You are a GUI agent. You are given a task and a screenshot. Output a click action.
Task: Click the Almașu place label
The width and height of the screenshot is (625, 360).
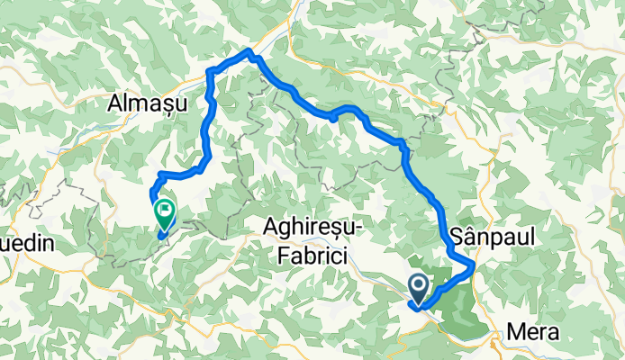[146, 104]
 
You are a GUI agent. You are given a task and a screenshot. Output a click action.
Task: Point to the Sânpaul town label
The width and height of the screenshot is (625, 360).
[492, 236]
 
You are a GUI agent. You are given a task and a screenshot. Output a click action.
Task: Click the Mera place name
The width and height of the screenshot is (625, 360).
[534, 332]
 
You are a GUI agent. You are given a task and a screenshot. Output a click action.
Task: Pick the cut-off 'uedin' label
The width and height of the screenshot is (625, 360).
[27, 244]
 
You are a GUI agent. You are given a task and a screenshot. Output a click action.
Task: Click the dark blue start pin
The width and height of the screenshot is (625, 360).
[421, 288]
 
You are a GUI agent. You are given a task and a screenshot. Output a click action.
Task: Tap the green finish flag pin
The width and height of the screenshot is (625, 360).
[165, 213]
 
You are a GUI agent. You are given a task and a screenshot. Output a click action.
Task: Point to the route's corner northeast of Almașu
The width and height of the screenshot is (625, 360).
[210, 71]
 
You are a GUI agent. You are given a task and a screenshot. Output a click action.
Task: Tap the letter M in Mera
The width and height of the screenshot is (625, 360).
[514, 332]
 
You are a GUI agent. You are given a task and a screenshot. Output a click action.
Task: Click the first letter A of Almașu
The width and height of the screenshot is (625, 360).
[114, 104]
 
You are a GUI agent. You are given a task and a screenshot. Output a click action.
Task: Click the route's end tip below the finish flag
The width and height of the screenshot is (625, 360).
[161, 238]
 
